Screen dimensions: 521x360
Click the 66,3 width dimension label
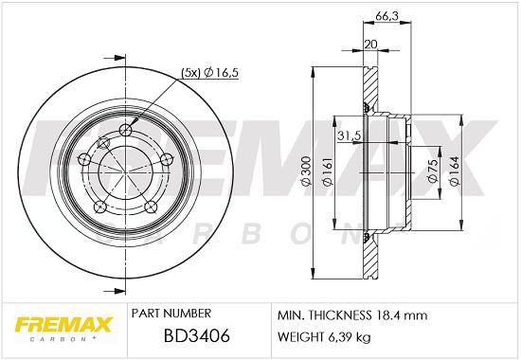tap(386, 16)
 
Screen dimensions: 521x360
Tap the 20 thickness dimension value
tap(371, 44)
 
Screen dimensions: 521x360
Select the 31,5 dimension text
tap(350, 135)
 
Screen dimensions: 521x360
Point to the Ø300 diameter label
tap(306, 171)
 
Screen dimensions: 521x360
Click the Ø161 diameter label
tap(328, 171)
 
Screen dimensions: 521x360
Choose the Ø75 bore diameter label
tap(432, 170)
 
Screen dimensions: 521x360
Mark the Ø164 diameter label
tap(454, 171)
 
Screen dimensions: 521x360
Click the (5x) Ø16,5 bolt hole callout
tap(210, 72)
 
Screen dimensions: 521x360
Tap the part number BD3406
tap(197, 335)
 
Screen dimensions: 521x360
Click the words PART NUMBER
tap(171, 314)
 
